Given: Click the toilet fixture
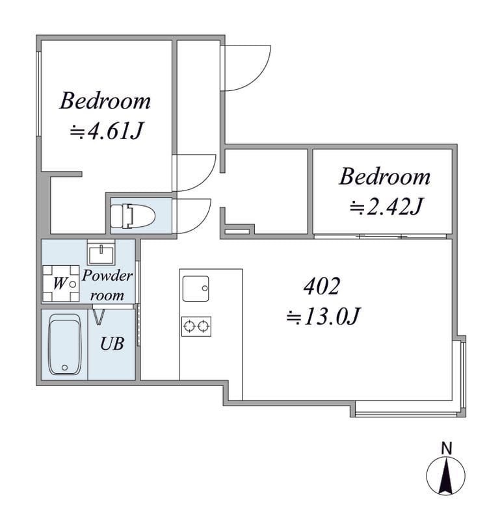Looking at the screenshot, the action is point(133,216).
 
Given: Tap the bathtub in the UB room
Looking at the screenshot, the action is point(65,344).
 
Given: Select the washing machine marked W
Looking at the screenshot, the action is point(60,283).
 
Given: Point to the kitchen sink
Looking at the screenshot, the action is point(196,289).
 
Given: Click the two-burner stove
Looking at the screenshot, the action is point(196,326).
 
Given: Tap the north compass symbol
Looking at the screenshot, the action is point(445,476).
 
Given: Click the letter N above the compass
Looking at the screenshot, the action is point(447,448).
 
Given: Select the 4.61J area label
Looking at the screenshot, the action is point(106,131).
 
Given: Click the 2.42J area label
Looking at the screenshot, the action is point(386,207).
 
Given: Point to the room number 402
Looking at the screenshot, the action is point(322,286).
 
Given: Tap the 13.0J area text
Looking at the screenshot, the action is point(323,317).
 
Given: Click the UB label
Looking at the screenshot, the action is point(112,344).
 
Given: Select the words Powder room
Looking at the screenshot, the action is point(107,285).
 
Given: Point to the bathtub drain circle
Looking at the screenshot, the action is point(65,367).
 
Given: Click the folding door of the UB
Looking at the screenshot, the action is point(99,317).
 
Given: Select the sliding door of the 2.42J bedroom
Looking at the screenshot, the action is point(380,237).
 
